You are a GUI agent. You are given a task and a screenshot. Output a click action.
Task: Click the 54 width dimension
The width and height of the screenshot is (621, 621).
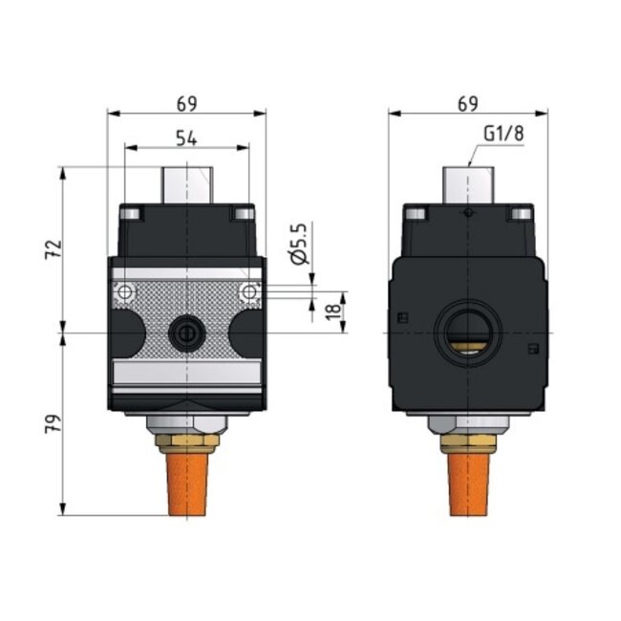186,139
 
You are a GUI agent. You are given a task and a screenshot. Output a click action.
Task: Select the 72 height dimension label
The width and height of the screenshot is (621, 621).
54,249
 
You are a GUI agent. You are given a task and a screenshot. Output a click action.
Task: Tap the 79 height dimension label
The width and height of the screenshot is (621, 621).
54,424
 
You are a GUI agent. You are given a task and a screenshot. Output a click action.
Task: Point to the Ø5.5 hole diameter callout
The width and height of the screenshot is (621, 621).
298,244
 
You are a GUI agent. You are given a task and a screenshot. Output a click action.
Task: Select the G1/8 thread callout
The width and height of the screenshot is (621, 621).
503,135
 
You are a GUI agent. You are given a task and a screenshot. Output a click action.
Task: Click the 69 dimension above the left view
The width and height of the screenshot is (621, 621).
186,102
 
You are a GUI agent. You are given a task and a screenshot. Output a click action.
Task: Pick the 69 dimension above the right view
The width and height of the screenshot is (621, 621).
468,102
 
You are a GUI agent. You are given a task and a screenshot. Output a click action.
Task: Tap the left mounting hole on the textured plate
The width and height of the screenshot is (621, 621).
120,290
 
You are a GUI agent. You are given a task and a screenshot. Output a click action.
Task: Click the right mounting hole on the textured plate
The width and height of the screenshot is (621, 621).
250,290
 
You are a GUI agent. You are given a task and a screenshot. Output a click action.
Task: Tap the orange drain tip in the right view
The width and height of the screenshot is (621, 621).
467,482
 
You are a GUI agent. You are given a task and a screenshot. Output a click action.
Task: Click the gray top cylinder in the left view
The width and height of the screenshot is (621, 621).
186,184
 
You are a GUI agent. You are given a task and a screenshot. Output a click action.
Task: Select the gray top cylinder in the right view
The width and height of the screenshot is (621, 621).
467,184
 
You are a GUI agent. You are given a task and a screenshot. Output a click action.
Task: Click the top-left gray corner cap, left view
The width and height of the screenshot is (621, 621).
132,212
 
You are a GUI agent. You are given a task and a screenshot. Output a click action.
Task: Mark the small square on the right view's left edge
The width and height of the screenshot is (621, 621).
403,318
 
